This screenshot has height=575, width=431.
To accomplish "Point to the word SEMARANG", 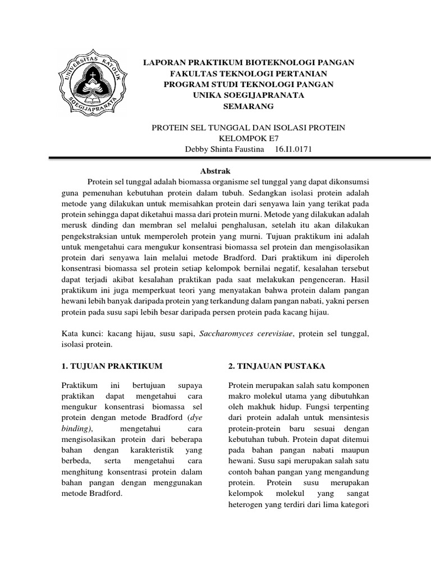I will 249,106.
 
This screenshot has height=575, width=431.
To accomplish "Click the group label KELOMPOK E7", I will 249,139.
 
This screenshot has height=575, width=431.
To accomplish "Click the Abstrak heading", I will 215,171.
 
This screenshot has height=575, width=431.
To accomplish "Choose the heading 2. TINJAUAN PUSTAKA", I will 277,366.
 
